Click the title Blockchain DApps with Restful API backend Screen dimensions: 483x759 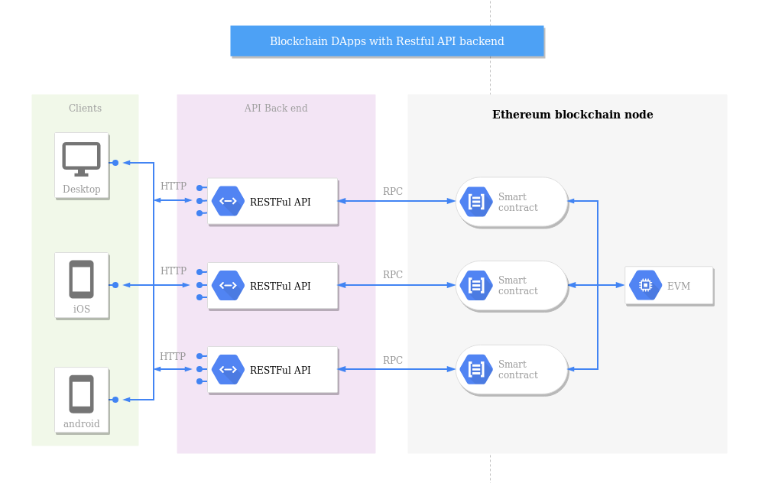[387, 41]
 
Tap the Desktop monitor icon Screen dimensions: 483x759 [81, 159]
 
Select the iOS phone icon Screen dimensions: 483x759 [81, 279]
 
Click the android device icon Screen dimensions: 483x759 [81, 394]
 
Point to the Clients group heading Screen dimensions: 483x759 [85, 109]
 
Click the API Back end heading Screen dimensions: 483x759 [276, 109]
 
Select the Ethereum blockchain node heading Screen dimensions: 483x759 [572, 115]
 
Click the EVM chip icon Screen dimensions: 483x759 [645, 285]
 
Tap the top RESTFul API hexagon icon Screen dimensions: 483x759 [228, 201]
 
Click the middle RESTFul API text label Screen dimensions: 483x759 [280, 286]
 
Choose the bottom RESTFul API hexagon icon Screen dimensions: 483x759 [228, 369]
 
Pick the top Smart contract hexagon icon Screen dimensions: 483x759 [476, 202]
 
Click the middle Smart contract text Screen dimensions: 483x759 [517, 286]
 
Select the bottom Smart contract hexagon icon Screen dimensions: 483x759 [476, 370]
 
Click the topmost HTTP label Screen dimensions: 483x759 [174, 186]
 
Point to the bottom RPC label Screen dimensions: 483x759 [393, 360]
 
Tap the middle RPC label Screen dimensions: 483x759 [393, 275]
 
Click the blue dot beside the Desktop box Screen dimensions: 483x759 [115, 163]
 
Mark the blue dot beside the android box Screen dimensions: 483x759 [115, 400]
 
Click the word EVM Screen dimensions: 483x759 [679, 287]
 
